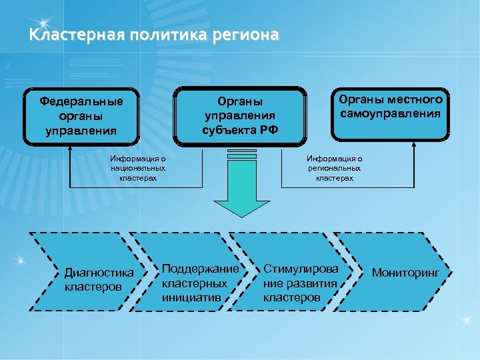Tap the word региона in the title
247,35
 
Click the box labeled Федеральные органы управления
81,116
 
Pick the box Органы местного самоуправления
390,114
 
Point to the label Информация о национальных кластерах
139,169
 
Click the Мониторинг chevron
403,273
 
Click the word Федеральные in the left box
81,102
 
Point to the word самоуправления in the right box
390,113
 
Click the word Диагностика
99,273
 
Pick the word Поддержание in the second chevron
200,269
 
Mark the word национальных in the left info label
139,169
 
